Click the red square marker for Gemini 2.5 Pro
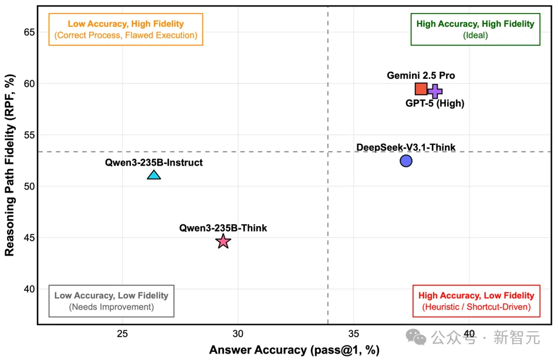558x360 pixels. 421,89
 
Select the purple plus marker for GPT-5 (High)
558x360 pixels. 435,91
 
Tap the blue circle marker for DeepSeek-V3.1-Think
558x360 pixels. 406,160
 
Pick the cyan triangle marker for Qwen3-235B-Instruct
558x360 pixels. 154,175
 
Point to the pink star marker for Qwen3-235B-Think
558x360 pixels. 223,241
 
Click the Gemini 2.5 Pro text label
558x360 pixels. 421,76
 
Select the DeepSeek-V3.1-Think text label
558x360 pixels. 406,147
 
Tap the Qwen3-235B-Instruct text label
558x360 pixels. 154,163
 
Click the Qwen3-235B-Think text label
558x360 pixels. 223,228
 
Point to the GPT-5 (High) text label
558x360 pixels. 435,104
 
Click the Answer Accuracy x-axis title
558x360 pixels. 295,350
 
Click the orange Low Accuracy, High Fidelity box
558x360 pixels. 126,29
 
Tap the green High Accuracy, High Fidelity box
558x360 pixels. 475,29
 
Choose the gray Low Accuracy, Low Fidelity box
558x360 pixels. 111,301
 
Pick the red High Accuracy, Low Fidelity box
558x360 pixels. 476,301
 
